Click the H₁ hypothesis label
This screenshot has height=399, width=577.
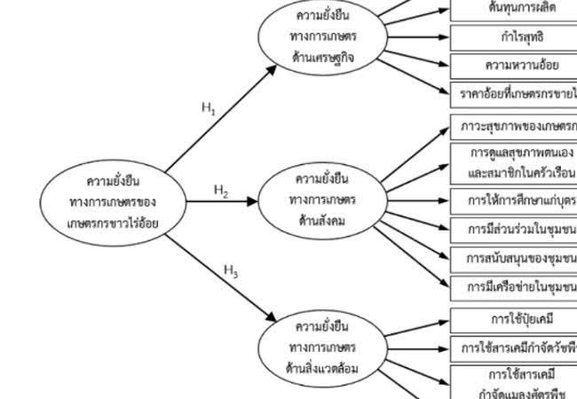(x=209, y=109)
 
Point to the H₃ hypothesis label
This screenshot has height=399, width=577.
(x=231, y=271)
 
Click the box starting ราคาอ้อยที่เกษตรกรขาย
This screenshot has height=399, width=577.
(x=514, y=92)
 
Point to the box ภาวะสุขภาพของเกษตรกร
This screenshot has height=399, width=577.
(x=514, y=125)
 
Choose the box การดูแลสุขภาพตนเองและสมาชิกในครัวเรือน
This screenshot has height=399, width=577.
(x=514, y=163)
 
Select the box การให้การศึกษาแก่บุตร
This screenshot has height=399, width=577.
(x=514, y=200)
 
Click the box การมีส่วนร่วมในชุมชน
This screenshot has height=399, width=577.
(x=514, y=230)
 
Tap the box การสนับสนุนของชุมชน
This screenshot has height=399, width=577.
(x=514, y=258)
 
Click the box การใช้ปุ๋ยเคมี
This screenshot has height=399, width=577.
(x=514, y=318)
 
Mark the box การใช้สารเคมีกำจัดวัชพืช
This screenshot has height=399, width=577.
(x=514, y=348)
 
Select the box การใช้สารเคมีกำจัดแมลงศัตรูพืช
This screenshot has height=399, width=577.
(x=514, y=383)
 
